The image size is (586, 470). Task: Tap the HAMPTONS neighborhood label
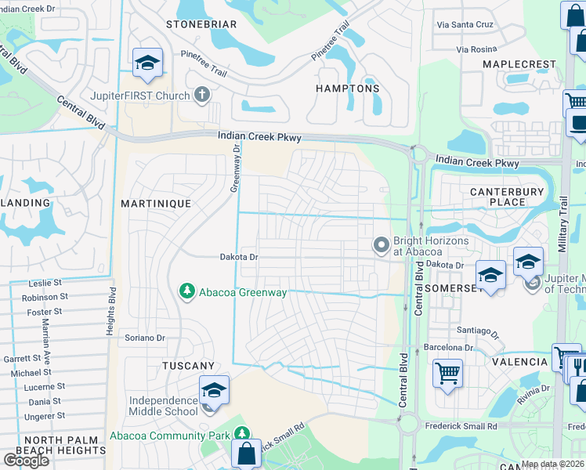click(347, 89)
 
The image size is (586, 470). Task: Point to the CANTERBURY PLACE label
click(507, 197)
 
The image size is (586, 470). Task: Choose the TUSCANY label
click(188, 366)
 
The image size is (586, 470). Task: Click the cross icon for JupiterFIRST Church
click(202, 96)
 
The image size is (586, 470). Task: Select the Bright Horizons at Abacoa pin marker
click(382, 246)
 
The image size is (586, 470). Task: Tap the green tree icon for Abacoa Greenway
click(186, 292)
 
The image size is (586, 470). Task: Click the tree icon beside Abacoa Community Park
click(242, 434)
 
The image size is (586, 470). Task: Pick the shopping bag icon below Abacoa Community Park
click(247, 454)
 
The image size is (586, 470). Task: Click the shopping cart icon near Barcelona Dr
click(447, 373)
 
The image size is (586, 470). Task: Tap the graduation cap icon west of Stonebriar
click(146, 64)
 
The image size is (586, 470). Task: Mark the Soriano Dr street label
click(145, 338)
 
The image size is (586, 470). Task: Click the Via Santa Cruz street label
click(465, 24)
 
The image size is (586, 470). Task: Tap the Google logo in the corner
click(26, 461)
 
